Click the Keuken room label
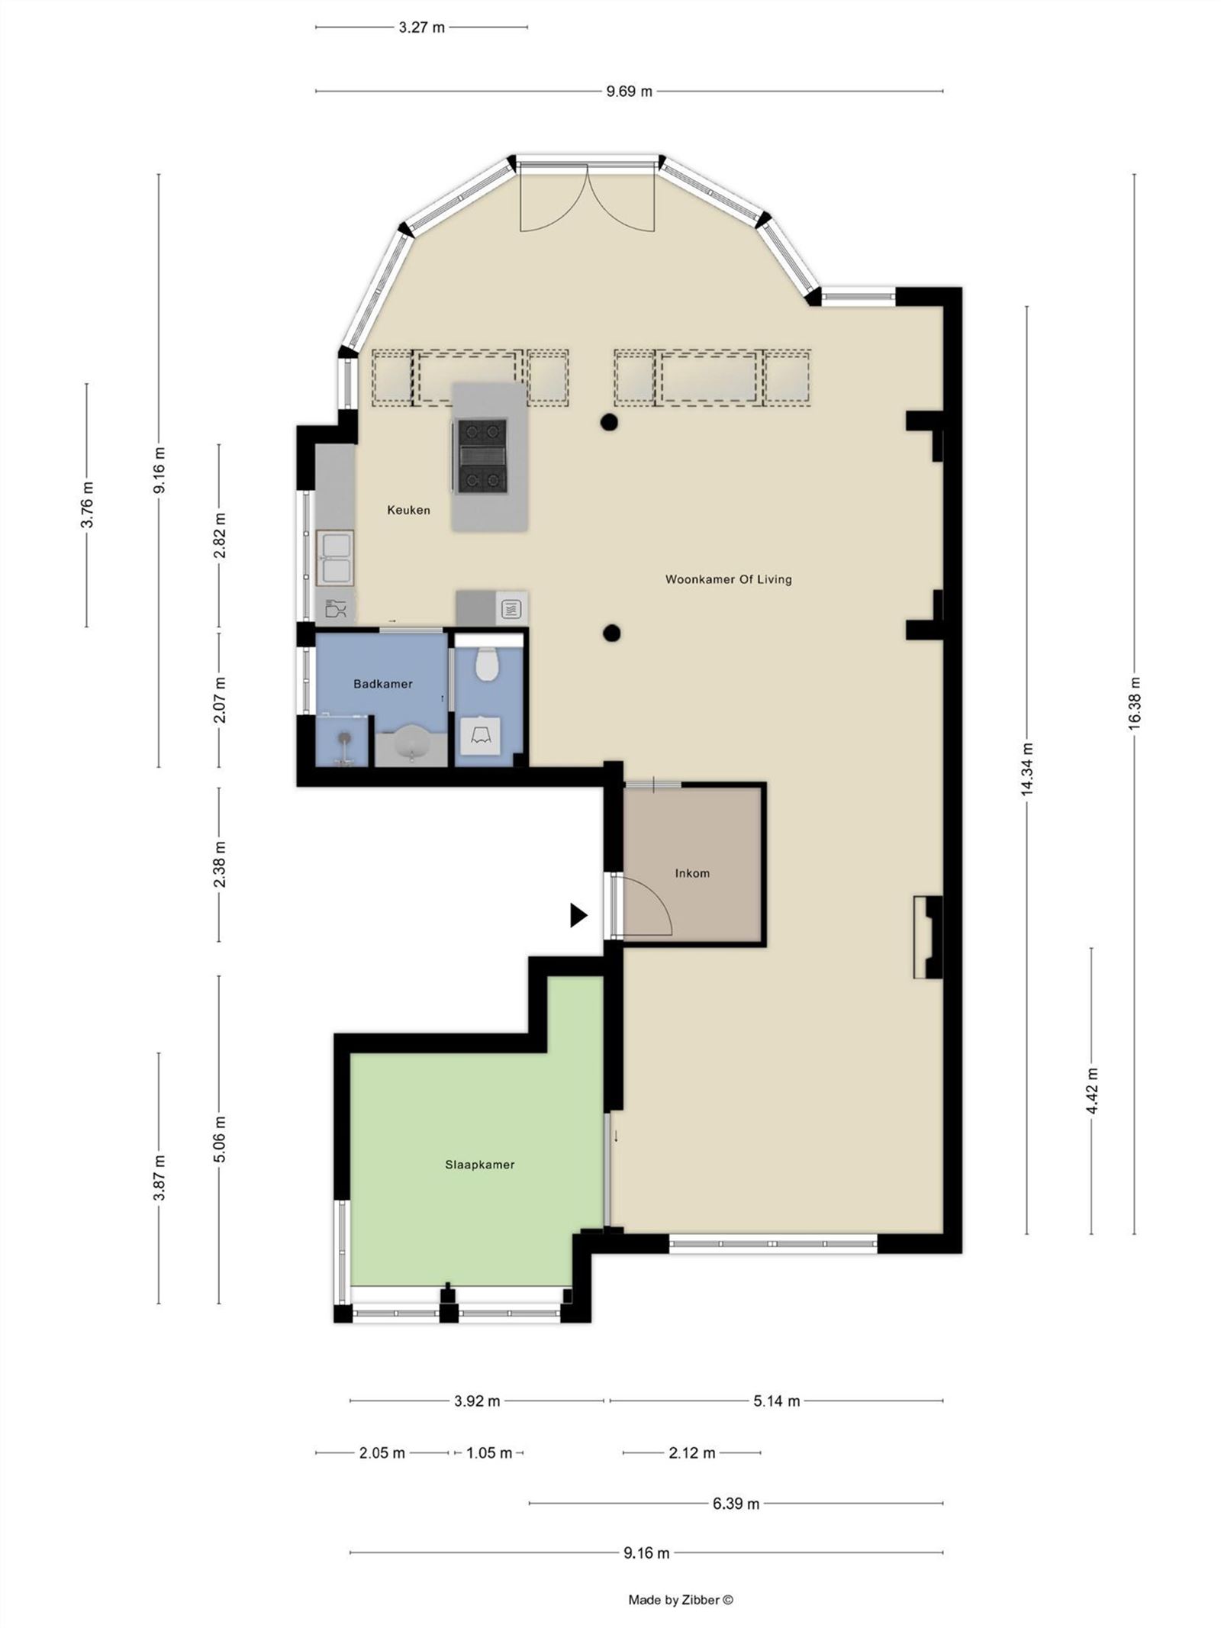pos(408,510)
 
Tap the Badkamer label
pos(382,684)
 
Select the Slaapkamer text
pos(479,1165)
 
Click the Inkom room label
pos(692,873)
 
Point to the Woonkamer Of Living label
pos(728,579)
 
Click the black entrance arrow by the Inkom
pos(578,915)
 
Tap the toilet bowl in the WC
pos(487,664)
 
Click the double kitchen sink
pos(336,558)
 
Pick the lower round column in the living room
pos(610,632)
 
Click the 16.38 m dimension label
pos(1134,703)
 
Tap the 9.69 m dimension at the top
pos(629,92)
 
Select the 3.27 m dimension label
pos(421,27)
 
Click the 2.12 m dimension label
pos(691,1452)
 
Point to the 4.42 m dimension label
pos(1091,1091)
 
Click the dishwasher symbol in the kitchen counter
pos(336,609)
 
